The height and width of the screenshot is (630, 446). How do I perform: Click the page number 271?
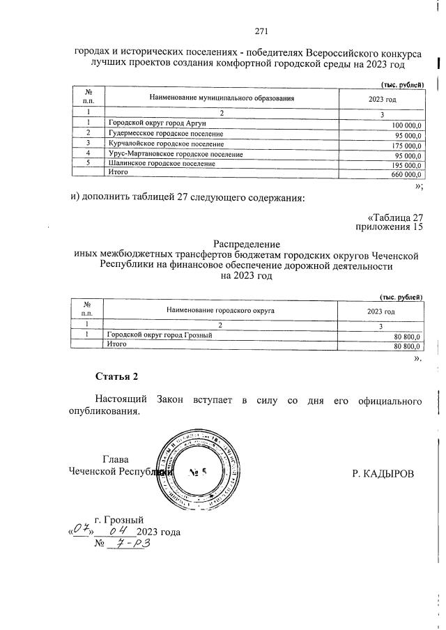261,31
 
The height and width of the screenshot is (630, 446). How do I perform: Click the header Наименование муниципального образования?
222,98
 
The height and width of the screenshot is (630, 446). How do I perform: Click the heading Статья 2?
116,377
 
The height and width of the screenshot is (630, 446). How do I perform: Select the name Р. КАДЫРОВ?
383,474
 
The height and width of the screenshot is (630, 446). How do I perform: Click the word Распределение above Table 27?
247,245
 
